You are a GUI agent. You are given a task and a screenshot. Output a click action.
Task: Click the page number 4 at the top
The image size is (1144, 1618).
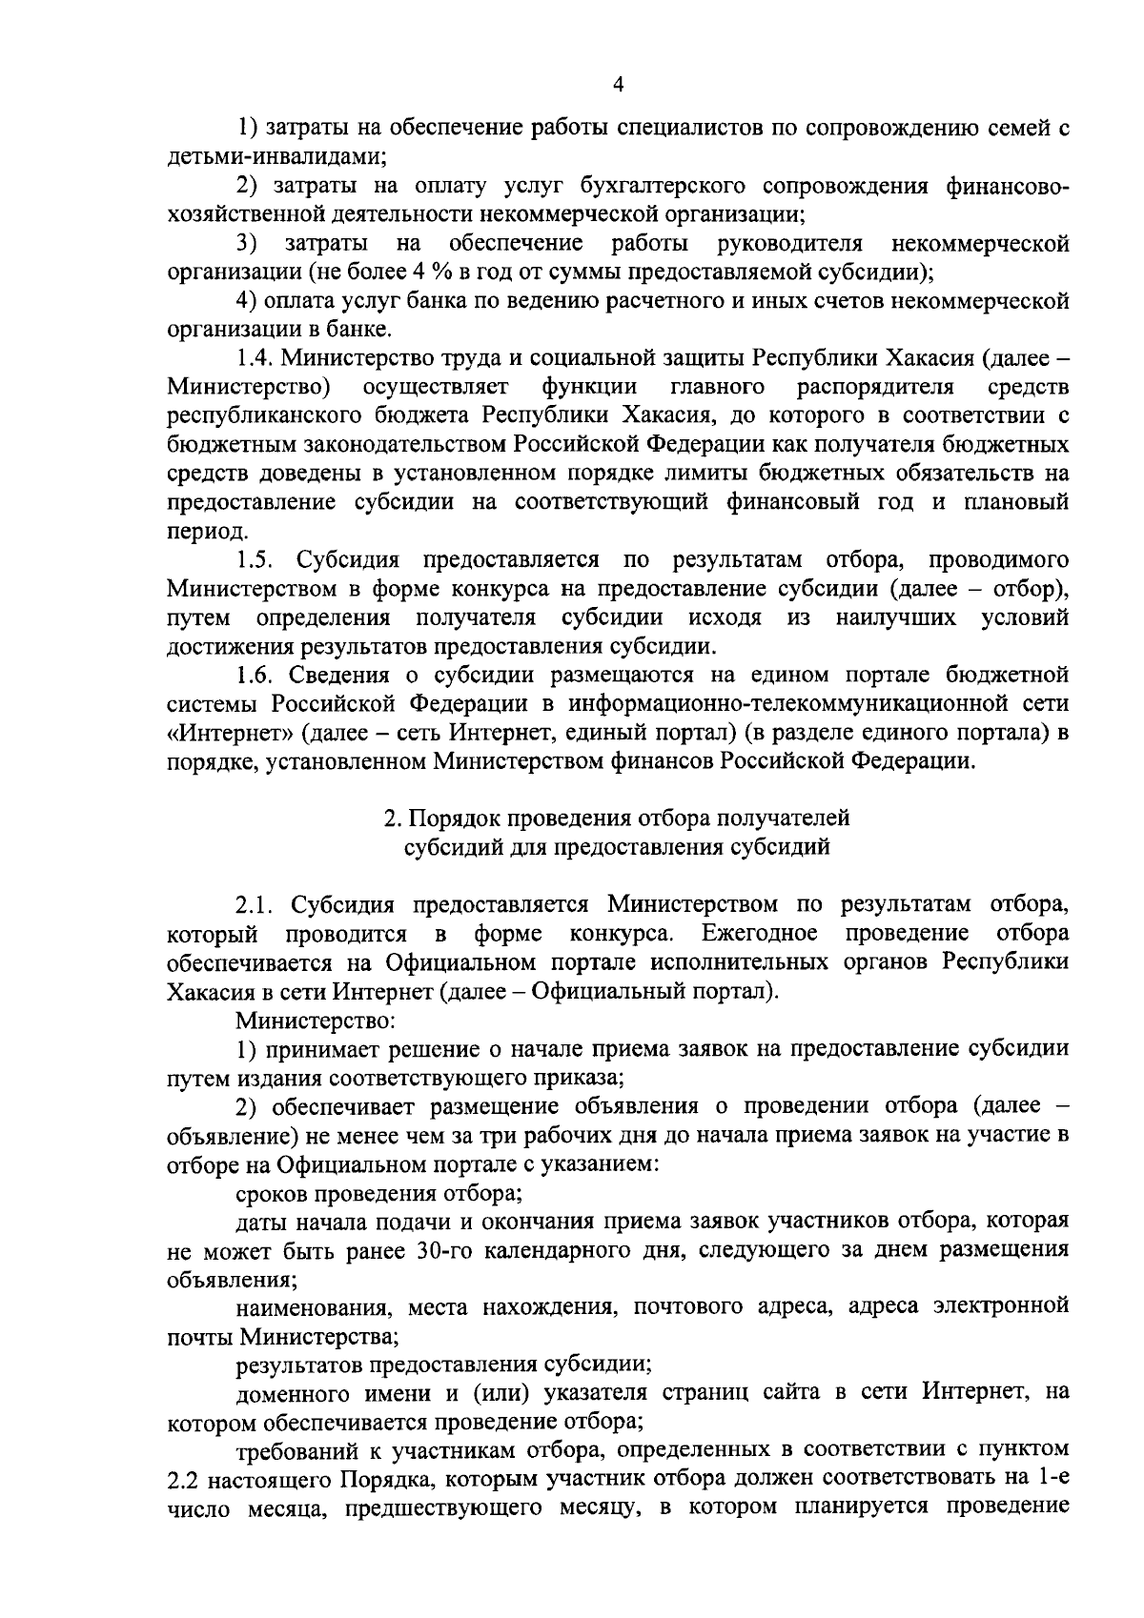tap(618, 86)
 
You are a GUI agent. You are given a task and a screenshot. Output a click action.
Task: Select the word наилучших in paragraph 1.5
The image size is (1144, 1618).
tap(896, 617)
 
